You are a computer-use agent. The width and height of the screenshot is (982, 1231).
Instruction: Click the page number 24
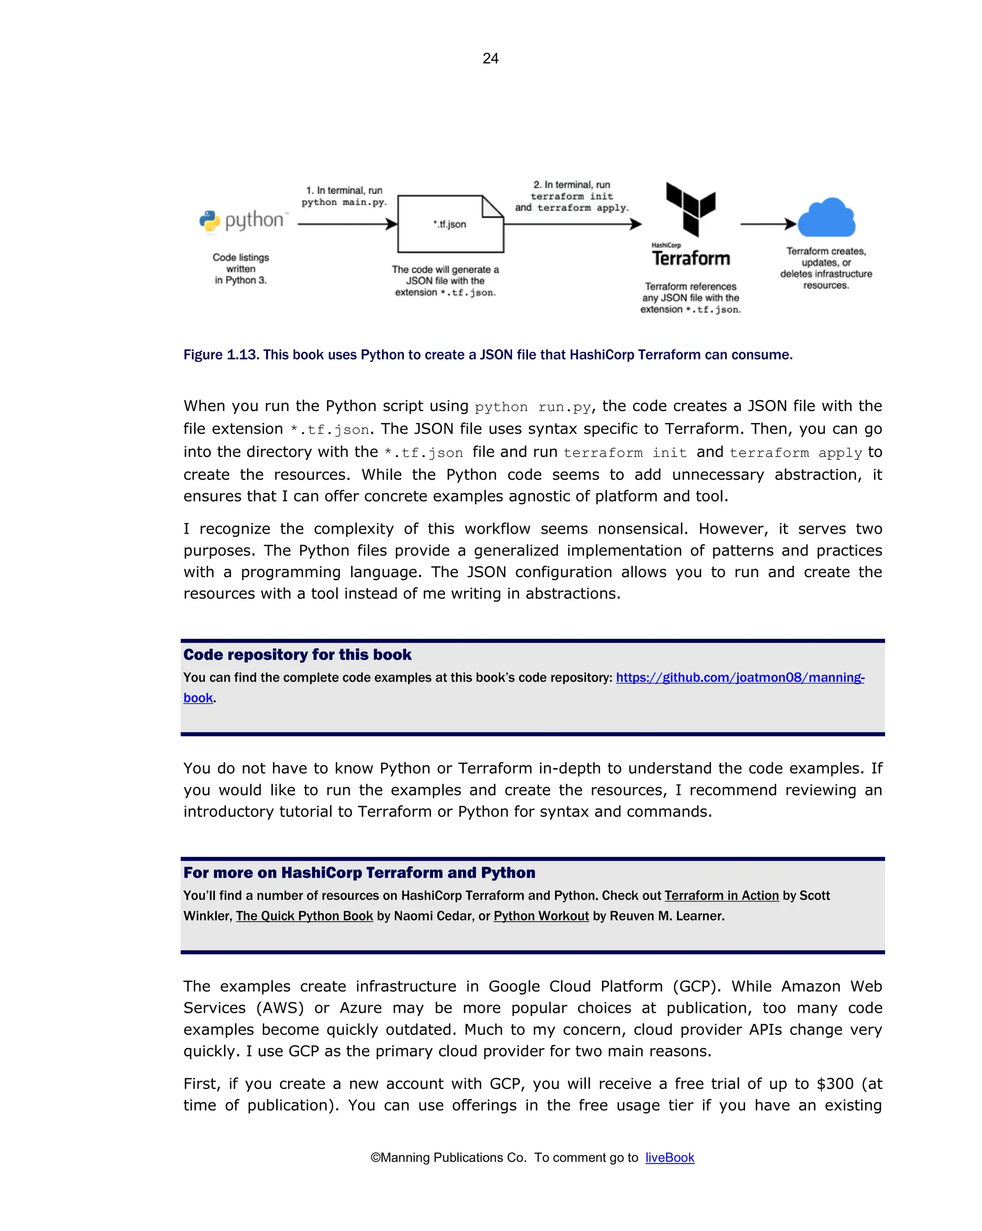click(x=490, y=58)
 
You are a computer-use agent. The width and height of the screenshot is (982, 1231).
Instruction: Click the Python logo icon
click(x=210, y=221)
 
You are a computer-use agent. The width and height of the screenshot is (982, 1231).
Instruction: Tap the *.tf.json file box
click(x=450, y=224)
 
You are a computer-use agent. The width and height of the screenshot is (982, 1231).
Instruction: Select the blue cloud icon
click(x=826, y=218)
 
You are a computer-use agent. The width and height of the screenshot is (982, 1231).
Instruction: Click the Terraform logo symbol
click(x=690, y=209)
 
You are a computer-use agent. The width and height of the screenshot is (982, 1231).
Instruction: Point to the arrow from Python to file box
click(x=347, y=224)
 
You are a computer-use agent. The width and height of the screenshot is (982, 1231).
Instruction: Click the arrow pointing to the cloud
click(x=767, y=224)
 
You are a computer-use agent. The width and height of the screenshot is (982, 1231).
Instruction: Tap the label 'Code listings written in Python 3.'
click(x=240, y=269)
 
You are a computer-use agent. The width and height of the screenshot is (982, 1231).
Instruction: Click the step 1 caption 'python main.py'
click(x=344, y=197)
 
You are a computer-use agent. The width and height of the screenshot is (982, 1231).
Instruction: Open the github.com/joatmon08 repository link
click(x=739, y=677)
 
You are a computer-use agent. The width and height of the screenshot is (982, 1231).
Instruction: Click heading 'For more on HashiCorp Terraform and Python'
click(x=359, y=872)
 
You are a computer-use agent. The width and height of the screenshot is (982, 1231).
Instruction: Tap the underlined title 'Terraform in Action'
click(x=721, y=895)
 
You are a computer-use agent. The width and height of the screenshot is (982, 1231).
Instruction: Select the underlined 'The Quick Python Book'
click(x=304, y=916)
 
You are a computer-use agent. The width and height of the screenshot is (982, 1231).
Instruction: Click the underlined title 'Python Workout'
click(x=541, y=916)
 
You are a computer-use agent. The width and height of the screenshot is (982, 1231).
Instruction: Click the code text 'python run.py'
click(x=532, y=407)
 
